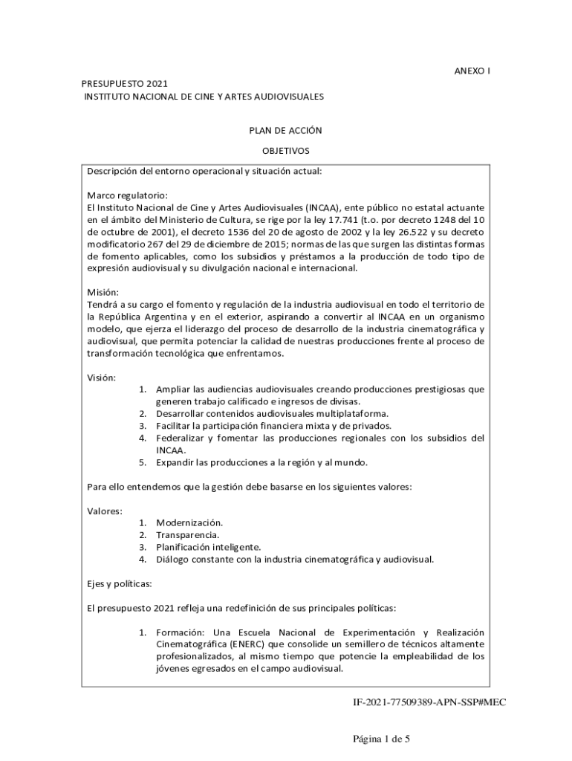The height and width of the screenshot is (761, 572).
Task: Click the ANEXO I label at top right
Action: [472, 71]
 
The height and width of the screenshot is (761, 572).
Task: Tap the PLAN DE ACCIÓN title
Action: [285, 130]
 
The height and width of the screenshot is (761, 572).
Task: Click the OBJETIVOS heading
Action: [285, 150]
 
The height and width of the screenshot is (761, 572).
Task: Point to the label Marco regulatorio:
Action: [122, 195]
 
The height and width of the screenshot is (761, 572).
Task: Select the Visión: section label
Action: [102, 377]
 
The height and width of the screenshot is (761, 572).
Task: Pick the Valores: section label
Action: [105, 511]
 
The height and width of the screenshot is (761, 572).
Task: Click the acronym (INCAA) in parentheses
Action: [320, 207]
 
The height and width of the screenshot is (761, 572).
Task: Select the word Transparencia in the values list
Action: [187, 534]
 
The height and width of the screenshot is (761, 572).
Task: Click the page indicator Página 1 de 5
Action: [381, 739]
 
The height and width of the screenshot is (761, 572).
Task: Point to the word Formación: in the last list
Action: [179, 632]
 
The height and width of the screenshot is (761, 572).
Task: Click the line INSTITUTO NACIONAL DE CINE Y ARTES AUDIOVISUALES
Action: [203, 97]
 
